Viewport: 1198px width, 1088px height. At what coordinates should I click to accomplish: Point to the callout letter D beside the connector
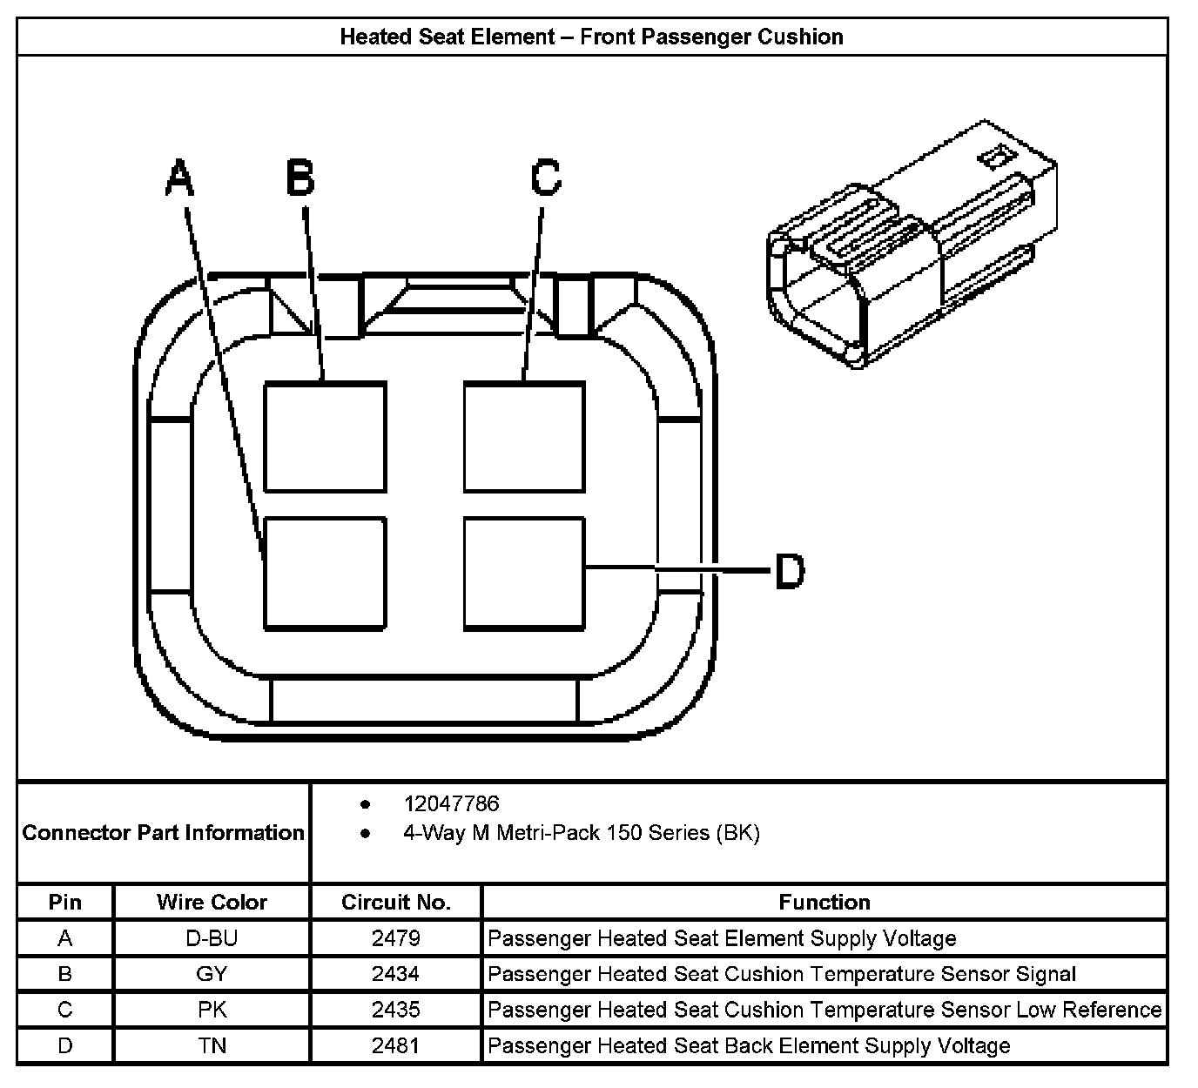coord(789,572)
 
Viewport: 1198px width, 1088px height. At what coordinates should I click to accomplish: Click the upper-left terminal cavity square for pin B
coord(325,437)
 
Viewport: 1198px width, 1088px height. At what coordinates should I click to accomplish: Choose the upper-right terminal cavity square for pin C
coord(524,437)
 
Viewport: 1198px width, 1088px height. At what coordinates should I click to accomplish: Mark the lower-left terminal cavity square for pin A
coord(325,573)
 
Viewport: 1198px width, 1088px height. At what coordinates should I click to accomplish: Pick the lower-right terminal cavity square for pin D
coord(524,573)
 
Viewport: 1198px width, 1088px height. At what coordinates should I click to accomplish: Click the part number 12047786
coord(451,803)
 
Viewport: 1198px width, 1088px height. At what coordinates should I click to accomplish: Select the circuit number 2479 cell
coord(395,938)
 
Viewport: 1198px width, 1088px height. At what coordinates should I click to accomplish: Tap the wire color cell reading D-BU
coord(212,938)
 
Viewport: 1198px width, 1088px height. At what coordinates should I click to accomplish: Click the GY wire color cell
coord(212,974)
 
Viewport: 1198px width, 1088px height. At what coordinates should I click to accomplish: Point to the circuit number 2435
coord(395,1010)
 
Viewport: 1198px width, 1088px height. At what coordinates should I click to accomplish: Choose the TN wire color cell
coord(212,1045)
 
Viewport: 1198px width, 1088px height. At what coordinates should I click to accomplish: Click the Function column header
coord(824,903)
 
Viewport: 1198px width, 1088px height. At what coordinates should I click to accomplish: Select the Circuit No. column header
coord(395,903)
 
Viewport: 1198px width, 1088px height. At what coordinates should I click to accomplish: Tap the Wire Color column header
coord(212,903)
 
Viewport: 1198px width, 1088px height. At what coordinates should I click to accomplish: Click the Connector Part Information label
coord(164,833)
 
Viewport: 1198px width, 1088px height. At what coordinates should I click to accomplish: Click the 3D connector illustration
coord(910,248)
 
